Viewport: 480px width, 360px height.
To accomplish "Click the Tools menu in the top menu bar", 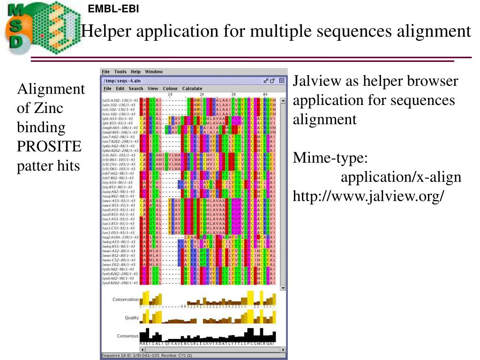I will [x=120, y=72].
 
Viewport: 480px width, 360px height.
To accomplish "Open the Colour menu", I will [x=170, y=89].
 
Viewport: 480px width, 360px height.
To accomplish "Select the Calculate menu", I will [x=192, y=89].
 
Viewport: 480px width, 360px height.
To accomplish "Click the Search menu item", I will [x=136, y=89].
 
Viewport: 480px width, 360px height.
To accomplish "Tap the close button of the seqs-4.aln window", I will [x=281, y=81].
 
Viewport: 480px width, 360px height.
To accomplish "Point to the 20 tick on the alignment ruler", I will [x=202, y=94].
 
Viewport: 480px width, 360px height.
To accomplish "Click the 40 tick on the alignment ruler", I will [x=265, y=94].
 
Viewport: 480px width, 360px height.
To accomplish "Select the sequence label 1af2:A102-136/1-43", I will [x=120, y=100].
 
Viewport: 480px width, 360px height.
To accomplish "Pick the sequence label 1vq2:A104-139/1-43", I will [x=120, y=237].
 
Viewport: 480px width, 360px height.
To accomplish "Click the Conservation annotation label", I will [x=126, y=300].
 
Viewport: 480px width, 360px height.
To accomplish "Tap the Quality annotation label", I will [x=132, y=318].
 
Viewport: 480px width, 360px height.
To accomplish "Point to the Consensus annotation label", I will [x=128, y=336].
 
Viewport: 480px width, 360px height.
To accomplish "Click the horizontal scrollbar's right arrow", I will [x=283, y=350].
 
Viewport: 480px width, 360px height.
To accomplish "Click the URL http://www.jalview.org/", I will [x=368, y=196].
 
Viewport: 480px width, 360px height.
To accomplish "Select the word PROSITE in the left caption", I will [x=49, y=147].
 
